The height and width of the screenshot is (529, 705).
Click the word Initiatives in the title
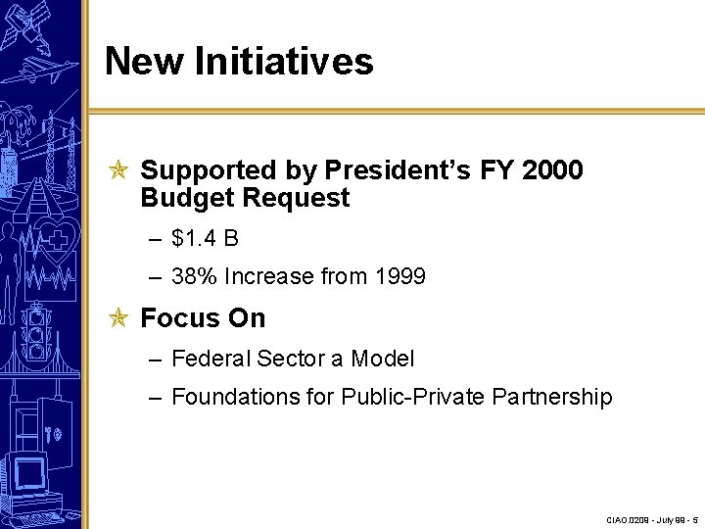pos(284,61)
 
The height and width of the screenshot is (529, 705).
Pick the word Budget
pos(185,198)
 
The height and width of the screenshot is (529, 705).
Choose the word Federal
pos(211,359)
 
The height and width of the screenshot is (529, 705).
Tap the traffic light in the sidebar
pos(39,332)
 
